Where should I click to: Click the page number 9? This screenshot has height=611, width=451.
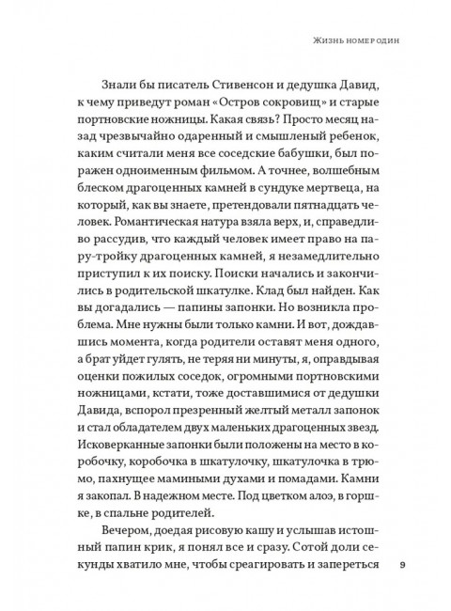(x=401, y=566)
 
